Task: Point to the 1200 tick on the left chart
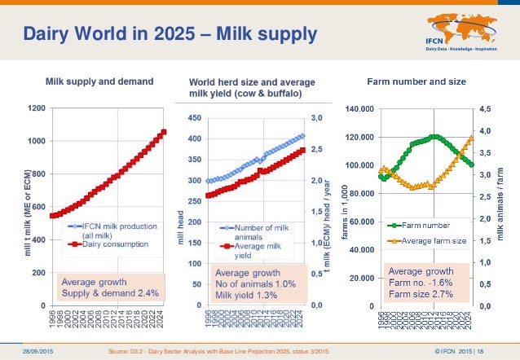[x=36, y=108]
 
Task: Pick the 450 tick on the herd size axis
[x=196, y=118]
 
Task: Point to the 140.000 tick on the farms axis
[x=359, y=108]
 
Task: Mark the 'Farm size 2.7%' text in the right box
[x=421, y=292]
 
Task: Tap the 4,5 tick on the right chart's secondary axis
[x=485, y=108]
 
